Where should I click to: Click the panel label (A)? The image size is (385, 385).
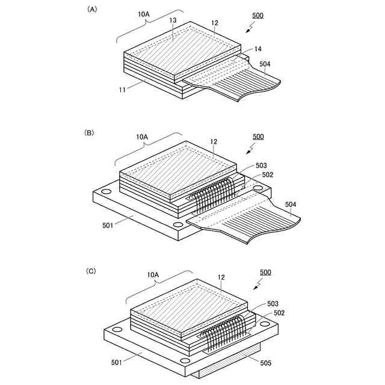pos(92,9)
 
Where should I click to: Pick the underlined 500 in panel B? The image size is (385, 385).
pos(257,137)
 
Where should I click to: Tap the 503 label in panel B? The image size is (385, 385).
pos(261,165)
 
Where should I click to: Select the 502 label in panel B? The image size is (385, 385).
pos(268,174)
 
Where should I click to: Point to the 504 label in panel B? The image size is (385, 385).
pos(291,205)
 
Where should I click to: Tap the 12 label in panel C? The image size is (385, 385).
pos(222,277)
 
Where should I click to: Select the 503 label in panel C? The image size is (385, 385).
pos(273,304)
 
